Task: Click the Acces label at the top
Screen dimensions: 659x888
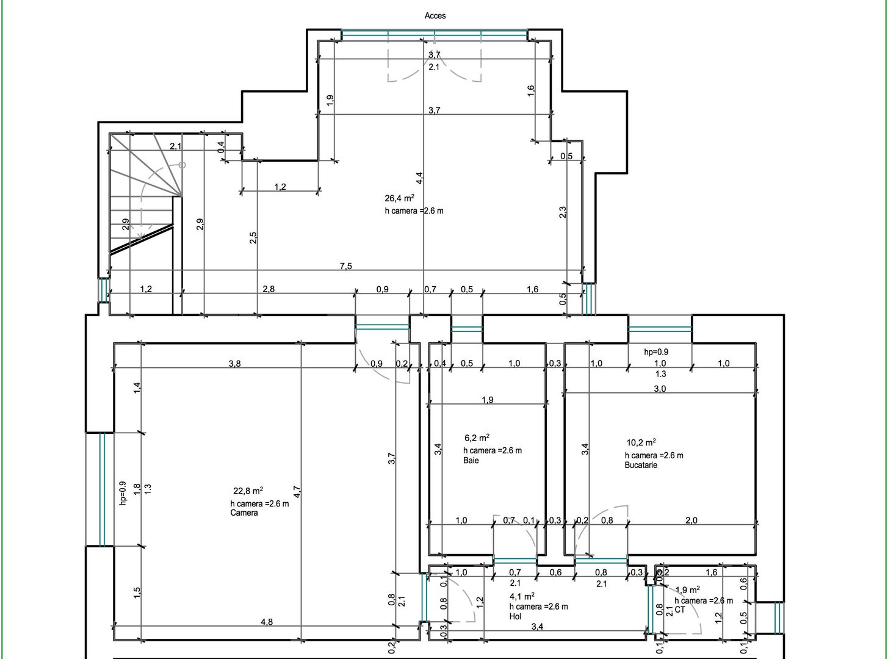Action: (435, 16)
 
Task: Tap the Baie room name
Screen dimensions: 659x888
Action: (471, 461)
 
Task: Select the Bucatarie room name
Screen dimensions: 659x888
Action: (641, 465)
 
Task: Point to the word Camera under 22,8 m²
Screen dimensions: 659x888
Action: (244, 513)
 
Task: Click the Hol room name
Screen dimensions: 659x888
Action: (515, 616)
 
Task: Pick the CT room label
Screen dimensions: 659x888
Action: (680, 610)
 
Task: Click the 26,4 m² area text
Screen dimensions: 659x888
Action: (400, 198)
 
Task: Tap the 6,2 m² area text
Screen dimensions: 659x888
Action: (477, 438)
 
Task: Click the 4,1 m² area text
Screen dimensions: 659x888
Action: (522, 597)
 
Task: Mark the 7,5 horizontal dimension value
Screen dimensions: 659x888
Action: (346, 266)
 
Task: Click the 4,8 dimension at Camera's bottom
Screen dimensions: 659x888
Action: (267, 622)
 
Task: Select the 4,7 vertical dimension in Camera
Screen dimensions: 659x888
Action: (297, 492)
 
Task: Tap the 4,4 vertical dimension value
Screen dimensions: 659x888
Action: (420, 178)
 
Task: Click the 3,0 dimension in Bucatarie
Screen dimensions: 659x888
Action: (660, 389)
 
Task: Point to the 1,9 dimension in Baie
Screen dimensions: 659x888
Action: (488, 400)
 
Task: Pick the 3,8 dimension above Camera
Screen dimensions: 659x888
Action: (234, 364)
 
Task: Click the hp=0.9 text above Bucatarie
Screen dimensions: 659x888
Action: (656, 352)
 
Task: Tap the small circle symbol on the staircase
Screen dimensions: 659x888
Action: (182, 165)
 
